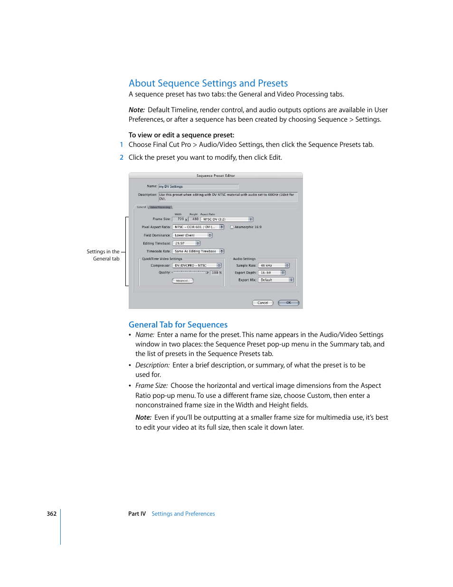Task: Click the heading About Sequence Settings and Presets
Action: [x=208, y=83]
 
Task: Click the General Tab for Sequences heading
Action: [x=178, y=325]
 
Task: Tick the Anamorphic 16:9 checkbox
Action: [x=232, y=227]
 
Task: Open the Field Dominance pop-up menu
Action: [x=192, y=235]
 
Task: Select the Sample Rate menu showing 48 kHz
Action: [x=274, y=266]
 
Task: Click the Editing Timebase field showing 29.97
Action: [x=186, y=243]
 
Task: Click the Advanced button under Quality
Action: [x=182, y=281]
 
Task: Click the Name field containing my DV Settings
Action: [x=198, y=187]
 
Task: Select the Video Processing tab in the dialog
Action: [x=160, y=207]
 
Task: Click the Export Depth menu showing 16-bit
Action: [x=272, y=273]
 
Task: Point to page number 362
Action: [x=51, y=514]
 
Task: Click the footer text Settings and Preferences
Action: [x=183, y=514]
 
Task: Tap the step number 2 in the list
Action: [x=122, y=157]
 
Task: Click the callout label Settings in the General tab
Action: [x=103, y=255]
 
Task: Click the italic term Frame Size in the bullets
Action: [x=151, y=385]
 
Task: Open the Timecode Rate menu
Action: [x=198, y=251]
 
